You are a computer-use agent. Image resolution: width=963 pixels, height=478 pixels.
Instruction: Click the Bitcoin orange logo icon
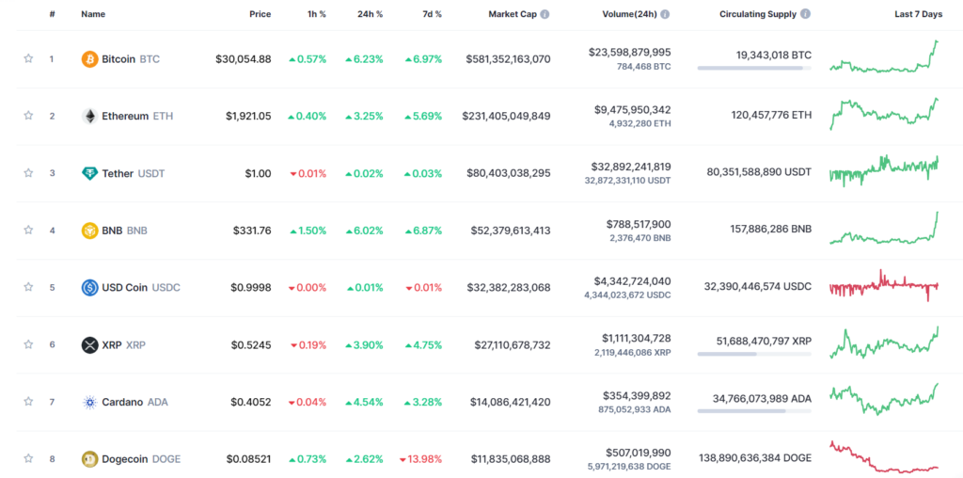(x=89, y=59)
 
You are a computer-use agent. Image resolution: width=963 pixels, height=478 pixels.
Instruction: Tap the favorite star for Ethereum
(x=28, y=116)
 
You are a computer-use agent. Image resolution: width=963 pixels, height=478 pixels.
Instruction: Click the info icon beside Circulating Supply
(x=805, y=14)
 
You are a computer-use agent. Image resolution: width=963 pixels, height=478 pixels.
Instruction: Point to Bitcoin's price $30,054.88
(x=244, y=59)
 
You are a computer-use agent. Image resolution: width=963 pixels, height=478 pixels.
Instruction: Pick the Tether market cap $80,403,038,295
(x=509, y=173)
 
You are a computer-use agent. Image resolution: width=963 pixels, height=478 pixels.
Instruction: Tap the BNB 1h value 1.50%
(x=308, y=231)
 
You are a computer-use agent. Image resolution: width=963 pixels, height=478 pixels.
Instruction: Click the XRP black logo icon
(x=89, y=344)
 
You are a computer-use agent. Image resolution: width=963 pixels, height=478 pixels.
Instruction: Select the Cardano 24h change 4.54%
(x=364, y=402)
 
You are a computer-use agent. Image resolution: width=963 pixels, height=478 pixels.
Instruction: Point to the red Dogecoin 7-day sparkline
(x=884, y=457)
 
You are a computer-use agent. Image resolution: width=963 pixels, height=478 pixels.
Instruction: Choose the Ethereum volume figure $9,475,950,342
(x=633, y=109)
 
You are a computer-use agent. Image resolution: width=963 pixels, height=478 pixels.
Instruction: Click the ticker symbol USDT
(x=151, y=173)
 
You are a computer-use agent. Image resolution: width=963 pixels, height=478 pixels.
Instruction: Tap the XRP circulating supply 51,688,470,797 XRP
(x=764, y=341)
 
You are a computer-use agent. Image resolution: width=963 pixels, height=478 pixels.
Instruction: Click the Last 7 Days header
(x=918, y=14)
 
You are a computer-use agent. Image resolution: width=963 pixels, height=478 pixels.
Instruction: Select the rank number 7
(x=53, y=402)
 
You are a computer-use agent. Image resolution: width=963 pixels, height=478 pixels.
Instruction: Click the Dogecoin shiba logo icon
(x=89, y=459)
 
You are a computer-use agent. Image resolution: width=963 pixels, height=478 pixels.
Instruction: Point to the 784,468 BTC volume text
(x=643, y=67)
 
